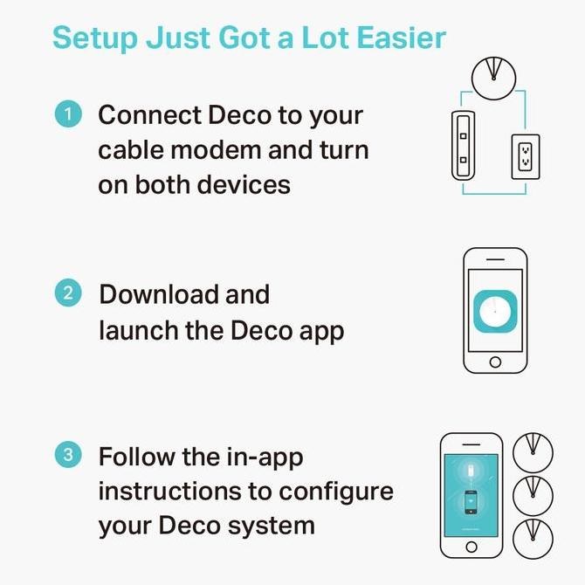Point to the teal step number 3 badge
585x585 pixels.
[68, 456]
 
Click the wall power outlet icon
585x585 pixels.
[526, 157]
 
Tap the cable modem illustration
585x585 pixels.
[462, 144]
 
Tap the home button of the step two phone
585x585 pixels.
[495, 361]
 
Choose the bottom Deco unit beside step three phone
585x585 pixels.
[533, 540]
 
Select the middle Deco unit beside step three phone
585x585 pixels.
[533, 496]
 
